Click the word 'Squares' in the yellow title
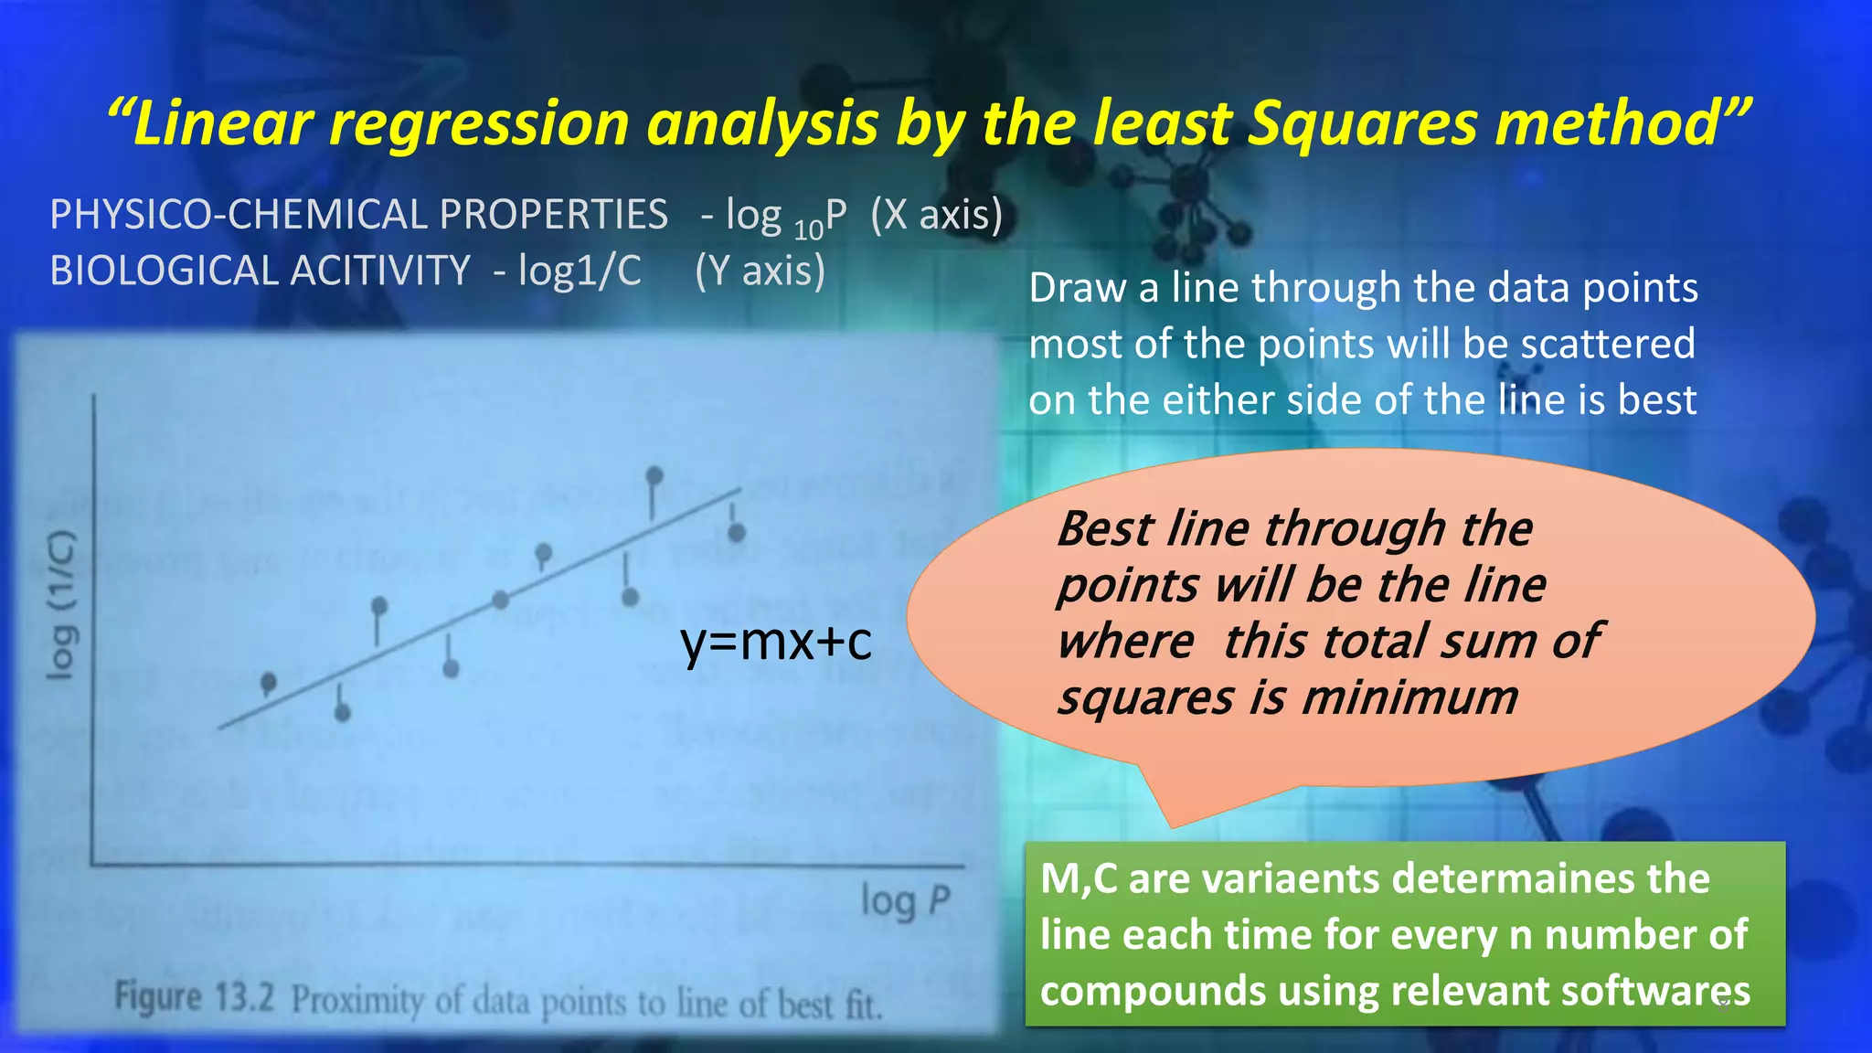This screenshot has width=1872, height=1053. (x=1361, y=123)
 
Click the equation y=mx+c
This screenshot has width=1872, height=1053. (x=776, y=642)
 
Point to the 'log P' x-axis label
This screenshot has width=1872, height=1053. (x=906, y=901)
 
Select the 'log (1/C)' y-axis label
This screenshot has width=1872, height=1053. (x=62, y=605)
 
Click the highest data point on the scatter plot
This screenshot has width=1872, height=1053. (x=654, y=475)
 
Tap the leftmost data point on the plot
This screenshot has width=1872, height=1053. (x=269, y=682)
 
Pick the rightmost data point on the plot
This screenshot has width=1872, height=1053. (x=737, y=532)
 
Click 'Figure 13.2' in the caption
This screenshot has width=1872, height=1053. (x=194, y=996)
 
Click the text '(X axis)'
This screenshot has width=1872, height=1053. (x=937, y=215)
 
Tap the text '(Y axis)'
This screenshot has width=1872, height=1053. (x=760, y=271)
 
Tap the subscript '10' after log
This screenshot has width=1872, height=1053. (x=809, y=229)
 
